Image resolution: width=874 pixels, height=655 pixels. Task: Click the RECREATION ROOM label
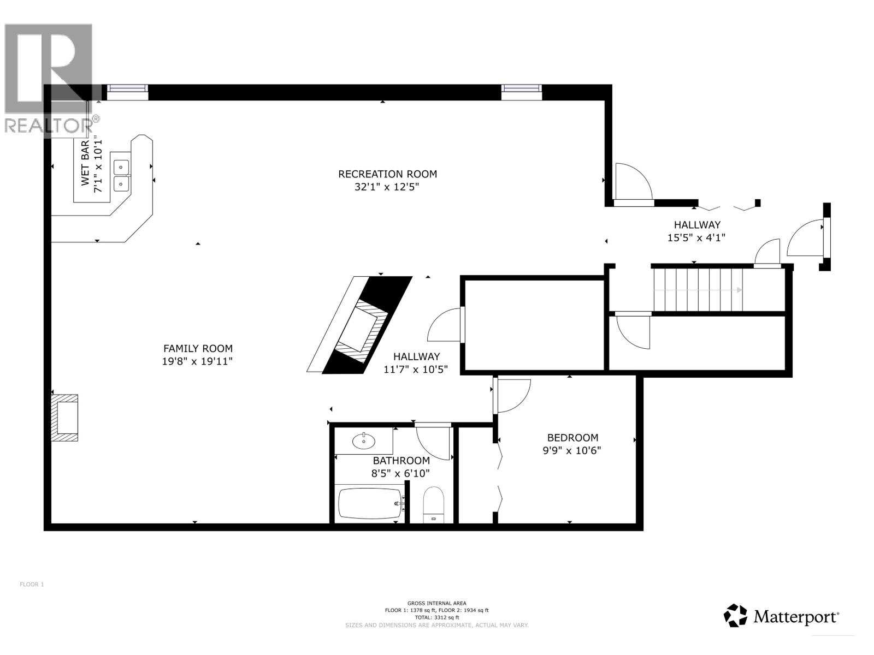[x=387, y=174]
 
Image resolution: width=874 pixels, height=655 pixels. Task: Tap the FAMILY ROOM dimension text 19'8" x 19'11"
[x=197, y=361]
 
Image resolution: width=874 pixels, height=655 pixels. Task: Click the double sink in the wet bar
[x=121, y=175]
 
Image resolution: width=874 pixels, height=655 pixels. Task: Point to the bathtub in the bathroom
[x=369, y=503]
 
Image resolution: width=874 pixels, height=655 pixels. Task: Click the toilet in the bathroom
[x=434, y=504]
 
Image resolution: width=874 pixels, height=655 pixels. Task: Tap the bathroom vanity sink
[x=363, y=440]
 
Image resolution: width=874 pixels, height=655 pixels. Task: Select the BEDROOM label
[x=572, y=438]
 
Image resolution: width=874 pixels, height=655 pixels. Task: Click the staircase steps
[x=698, y=290]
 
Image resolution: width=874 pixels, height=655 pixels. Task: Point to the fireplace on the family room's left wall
[x=64, y=418]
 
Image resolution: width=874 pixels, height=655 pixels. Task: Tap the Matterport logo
[x=781, y=616]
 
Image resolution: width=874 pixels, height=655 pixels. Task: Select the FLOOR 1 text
[x=32, y=585]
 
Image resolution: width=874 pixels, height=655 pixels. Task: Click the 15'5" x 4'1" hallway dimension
[x=696, y=238]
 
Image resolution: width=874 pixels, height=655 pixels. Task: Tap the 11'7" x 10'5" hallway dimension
[x=416, y=370]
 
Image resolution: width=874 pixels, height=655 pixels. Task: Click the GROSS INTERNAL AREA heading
[x=436, y=603]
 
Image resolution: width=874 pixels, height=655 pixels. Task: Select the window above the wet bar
[x=127, y=92]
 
